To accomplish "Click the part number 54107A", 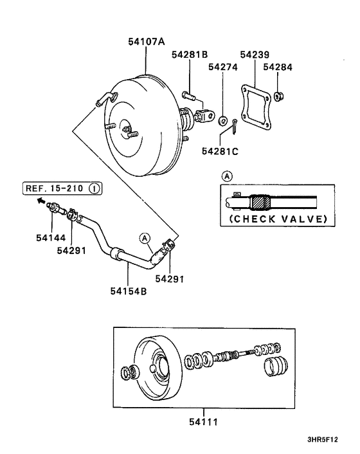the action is tap(147, 42).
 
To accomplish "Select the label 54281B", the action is tap(190, 55).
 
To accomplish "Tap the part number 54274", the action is tap(223, 67).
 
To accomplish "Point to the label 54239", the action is tap(255, 55).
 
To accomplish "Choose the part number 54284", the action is tap(278, 67).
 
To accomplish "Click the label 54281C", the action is tap(220, 151).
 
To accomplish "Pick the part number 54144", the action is tap(51, 238).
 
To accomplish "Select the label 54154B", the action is tap(129, 291).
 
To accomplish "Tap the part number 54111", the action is tap(203, 422).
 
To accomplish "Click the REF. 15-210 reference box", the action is tap(62, 188).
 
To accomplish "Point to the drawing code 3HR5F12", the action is tap(322, 439).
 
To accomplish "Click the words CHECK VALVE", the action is tap(278, 219).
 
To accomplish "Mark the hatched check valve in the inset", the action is tap(261, 203).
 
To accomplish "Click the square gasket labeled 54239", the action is tap(256, 107).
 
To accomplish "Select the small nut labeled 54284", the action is tap(279, 95).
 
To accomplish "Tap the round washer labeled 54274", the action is tap(222, 120).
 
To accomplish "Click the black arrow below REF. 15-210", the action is tap(41, 200).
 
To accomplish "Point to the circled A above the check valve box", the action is tap(227, 176).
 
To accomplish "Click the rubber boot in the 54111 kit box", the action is tap(276, 367).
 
